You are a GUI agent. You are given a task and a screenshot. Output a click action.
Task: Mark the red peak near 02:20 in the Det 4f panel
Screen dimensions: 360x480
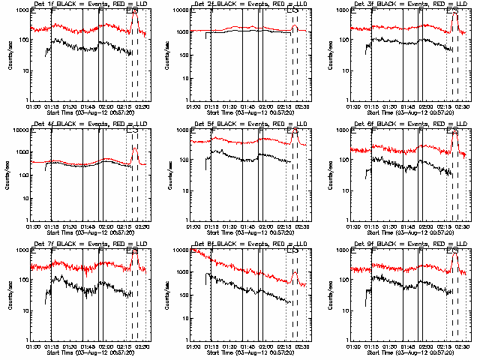click(x=134, y=148)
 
